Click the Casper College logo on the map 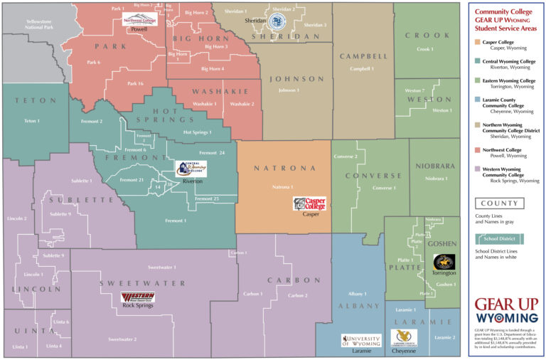pos(309,203)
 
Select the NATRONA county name pos(282,169)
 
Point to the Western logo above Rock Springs pos(137,296)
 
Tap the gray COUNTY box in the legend pos(501,203)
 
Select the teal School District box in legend pos(501,239)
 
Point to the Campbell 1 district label pos(362,69)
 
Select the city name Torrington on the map pos(444,273)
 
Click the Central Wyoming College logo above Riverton pos(190,169)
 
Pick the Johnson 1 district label pos(289,90)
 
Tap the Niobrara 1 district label pos(436,178)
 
